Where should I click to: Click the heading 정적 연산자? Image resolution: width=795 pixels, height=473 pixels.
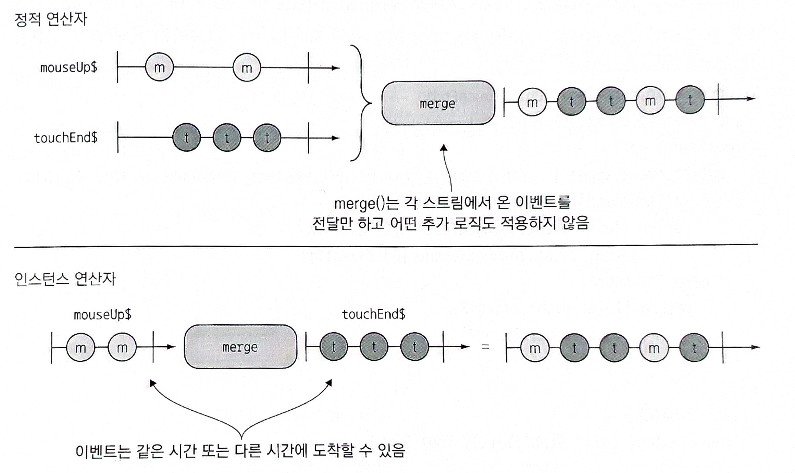pos(51,19)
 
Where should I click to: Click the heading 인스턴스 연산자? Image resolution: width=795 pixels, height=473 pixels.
pos(65,279)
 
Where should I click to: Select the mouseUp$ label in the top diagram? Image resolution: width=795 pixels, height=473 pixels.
pos(69,67)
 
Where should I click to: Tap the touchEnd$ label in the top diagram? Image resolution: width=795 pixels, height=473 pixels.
pos(66,138)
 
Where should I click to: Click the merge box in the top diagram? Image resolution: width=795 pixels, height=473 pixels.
pos(438,103)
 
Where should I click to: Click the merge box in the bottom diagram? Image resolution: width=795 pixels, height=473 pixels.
pos(240,347)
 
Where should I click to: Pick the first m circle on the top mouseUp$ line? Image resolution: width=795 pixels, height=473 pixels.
pos(159,67)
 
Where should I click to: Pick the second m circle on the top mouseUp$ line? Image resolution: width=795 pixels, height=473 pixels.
pos(247,67)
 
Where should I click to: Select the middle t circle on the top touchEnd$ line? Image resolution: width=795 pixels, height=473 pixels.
pos(227,138)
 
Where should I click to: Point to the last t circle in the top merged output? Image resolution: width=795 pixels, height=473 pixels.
pos(690,100)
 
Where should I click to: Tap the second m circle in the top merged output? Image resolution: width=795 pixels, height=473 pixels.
pos(650,101)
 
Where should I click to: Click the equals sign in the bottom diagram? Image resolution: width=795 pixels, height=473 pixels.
pos(485,347)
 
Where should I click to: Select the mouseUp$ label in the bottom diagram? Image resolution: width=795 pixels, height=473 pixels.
pos(102,314)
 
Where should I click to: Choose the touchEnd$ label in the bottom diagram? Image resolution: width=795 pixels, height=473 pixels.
pos(373,314)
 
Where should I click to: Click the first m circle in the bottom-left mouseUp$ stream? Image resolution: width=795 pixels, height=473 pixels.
pos(80,348)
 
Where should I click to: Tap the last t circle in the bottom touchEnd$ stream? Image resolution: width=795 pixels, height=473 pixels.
pos(414,347)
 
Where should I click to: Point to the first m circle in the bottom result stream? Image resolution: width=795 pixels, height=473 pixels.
pos(534,348)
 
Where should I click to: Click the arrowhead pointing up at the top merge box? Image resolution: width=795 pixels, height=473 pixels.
pos(444,148)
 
